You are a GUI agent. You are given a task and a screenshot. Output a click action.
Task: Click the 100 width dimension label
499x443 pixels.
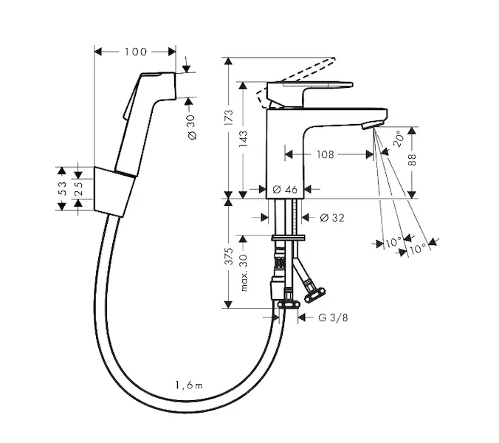(135, 52)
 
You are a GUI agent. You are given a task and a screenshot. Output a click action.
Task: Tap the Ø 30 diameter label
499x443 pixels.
(191, 127)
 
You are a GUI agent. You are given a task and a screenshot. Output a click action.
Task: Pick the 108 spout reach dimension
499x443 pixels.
(326, 154)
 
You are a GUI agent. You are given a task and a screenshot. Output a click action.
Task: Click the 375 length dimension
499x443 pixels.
(229, 255)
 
